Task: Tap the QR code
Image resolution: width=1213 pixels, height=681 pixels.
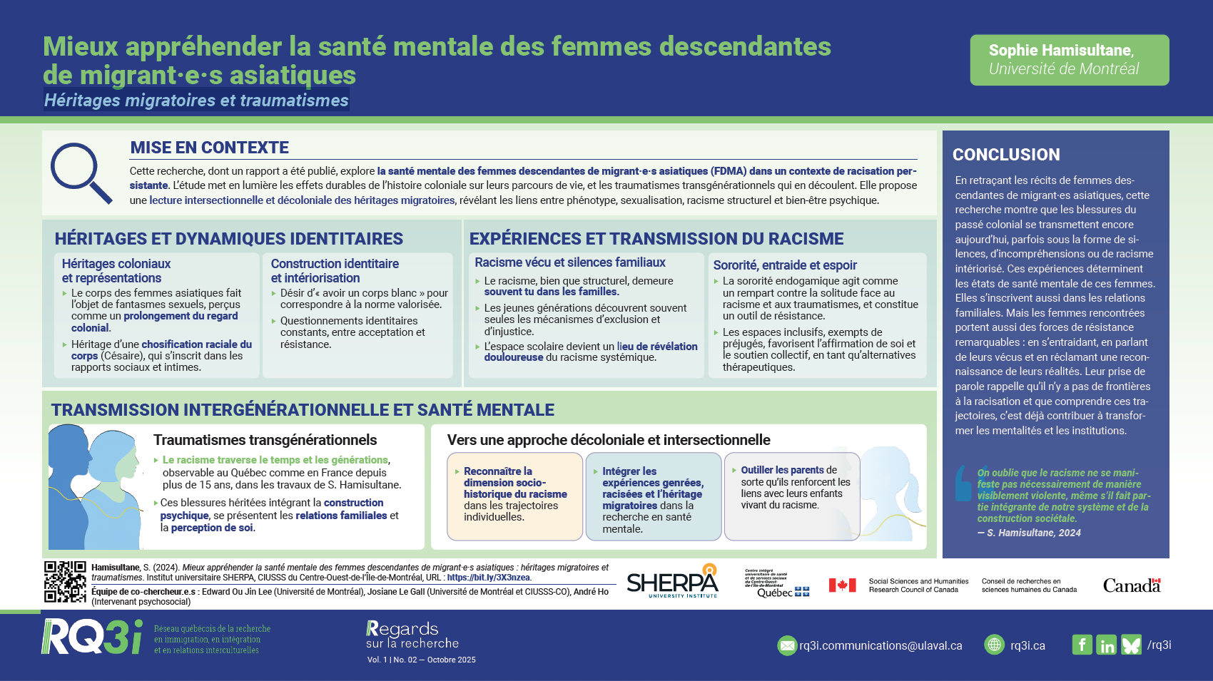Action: (65, 582)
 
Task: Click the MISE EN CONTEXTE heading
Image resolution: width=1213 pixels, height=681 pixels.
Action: (209, 148)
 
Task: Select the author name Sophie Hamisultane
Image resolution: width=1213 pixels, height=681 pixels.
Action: (1060, 51)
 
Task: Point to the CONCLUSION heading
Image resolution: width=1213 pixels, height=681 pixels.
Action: (1006, 155)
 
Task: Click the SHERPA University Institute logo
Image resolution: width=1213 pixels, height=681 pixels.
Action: (672, 582)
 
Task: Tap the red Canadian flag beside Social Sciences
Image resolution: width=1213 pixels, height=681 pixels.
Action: (842, 585)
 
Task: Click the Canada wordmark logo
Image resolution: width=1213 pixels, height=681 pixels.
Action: (1132, 585)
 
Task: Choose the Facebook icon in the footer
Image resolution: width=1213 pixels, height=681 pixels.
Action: (1082, 645)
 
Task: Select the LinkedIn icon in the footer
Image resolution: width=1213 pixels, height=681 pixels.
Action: (1107, 645)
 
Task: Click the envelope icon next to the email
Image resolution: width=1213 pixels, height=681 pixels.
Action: (786, 645)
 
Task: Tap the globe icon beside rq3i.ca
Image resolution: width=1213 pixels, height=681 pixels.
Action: (994, 645)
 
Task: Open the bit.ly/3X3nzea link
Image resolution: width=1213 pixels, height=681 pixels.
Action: (488, 578)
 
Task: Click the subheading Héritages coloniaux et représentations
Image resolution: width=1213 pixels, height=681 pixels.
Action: (116, 271)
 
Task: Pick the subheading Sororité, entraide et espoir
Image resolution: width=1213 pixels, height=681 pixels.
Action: (785, 265)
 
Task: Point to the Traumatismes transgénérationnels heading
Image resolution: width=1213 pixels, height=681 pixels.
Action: (265, 440)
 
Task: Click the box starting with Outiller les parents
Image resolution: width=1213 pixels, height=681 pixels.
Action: (792, 496)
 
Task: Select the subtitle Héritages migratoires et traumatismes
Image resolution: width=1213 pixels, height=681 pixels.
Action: (196, 101)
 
